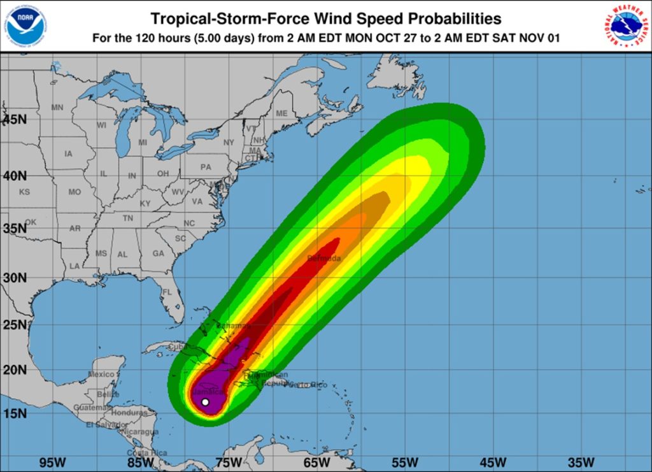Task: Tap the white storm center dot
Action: pos(205,402)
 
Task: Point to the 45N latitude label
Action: pos(13,119)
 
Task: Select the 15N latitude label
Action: pos(13,413)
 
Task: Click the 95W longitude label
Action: pos(52,462)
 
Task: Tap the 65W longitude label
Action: pos(316,462)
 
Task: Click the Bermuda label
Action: pos(324,258)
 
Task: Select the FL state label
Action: pos(167,292)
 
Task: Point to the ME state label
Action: pos(281,113)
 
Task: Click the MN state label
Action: pos(57,108)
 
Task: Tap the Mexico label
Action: pos(101,374)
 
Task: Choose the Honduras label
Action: pos(129,412)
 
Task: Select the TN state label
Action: pos(127,218)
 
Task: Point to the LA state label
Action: pos(74,266)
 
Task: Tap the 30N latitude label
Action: pos(13,278)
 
